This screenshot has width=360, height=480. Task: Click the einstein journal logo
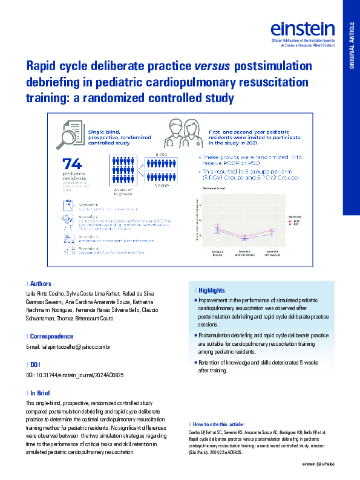pyautogui.click(x=303, y=28)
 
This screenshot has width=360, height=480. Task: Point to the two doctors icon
pyautogui.click(x=183, y=134)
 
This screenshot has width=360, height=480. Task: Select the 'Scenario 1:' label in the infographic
pyautogui.click(x=89, y=206)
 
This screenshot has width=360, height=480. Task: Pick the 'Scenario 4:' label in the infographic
pyautogui.click(x=89, y=247)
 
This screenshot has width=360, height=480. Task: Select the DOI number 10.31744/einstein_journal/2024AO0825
pyautogui.click(x=75, y=375)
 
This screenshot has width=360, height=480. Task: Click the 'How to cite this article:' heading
pyautogui.click(x=217, y=425)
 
